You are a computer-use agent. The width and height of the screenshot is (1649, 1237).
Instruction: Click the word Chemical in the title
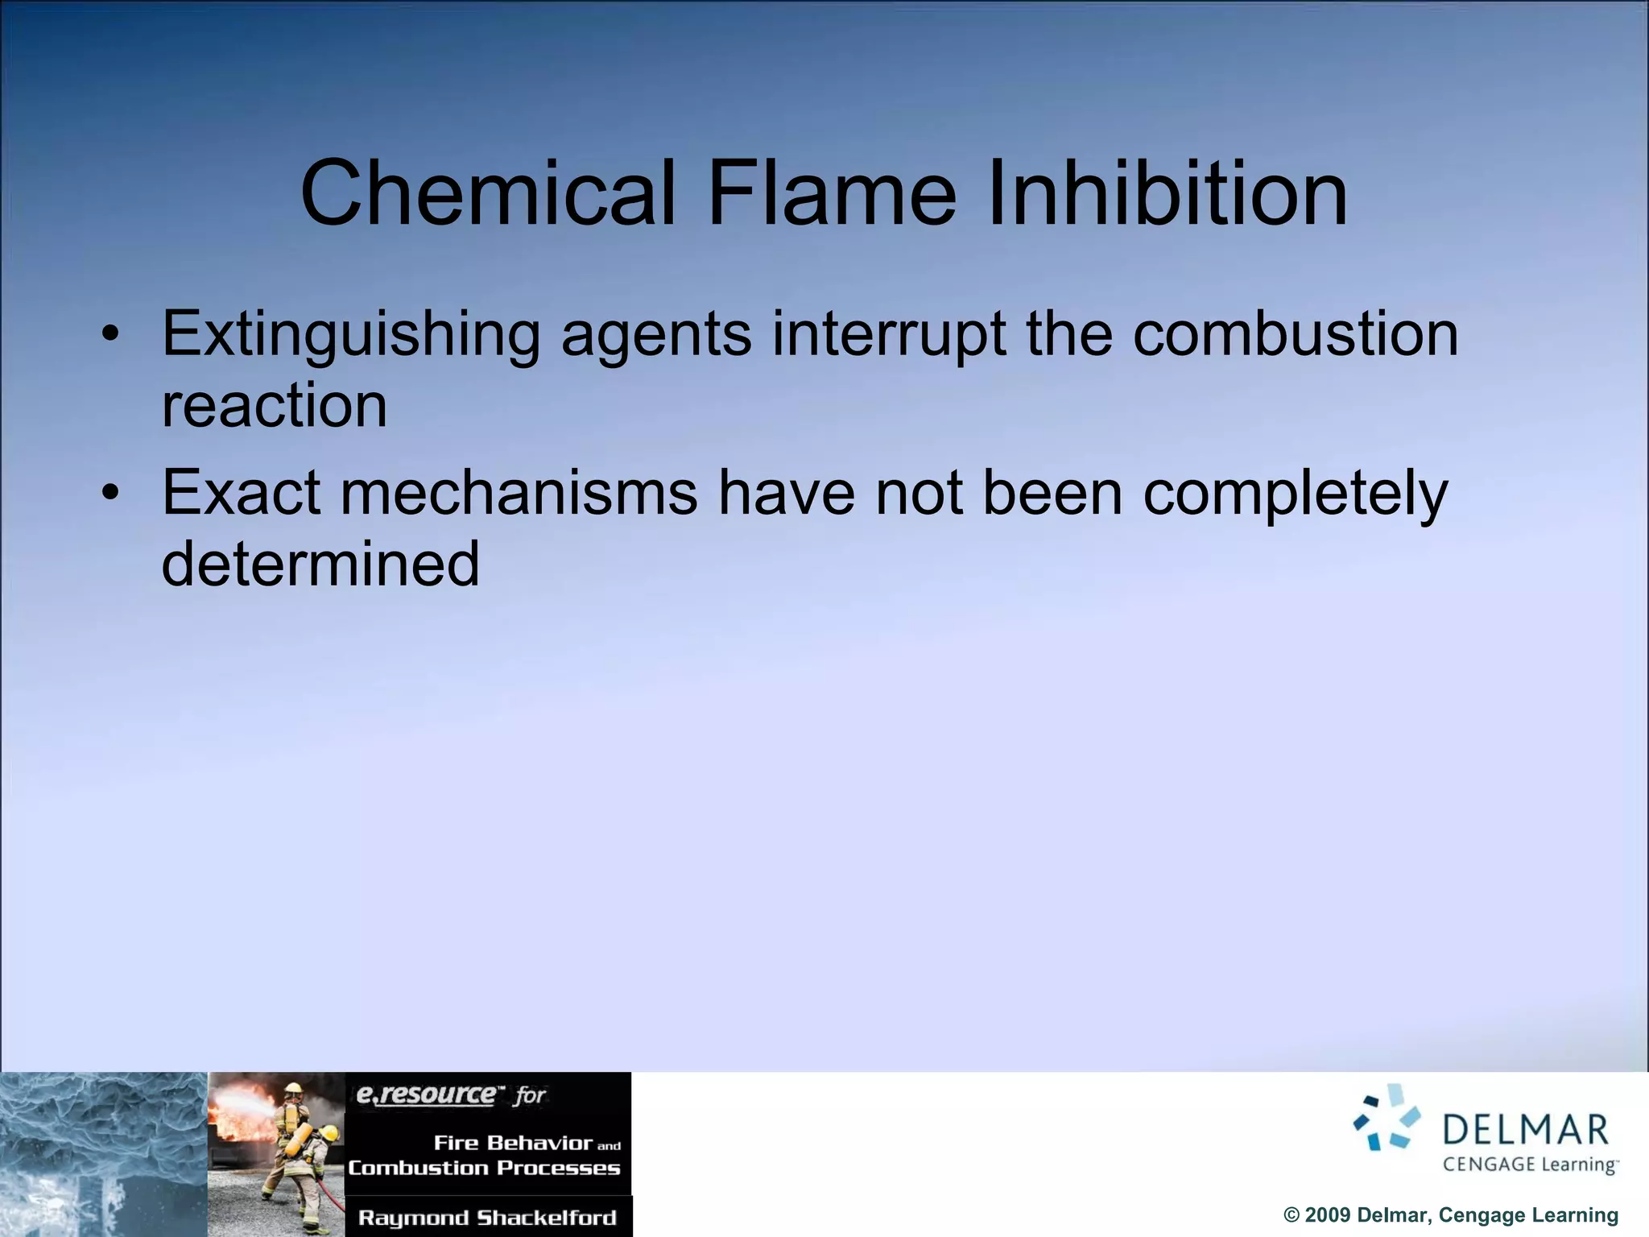[486, 193]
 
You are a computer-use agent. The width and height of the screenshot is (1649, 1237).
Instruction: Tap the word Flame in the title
[831, 193]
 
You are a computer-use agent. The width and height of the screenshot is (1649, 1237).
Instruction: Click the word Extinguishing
[351, 335]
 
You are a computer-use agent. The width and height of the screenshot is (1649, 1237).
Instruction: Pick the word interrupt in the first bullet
[888, 335]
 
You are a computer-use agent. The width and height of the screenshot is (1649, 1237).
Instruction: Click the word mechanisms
[519, 492]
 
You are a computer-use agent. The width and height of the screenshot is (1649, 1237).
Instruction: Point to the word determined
[320, 563]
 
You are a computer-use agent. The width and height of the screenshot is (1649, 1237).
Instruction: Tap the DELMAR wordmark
[1525, 1129]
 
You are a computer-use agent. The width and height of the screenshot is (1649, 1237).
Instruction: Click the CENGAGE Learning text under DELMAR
[1530, 1165]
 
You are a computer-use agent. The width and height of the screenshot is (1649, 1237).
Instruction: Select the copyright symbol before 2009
[1292, 1215]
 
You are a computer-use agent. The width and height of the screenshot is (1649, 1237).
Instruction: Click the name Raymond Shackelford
[487, 1218]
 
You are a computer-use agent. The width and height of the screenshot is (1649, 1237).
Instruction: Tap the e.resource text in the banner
[427, 1094]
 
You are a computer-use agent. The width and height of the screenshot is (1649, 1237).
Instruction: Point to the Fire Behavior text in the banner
[513, 1143]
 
